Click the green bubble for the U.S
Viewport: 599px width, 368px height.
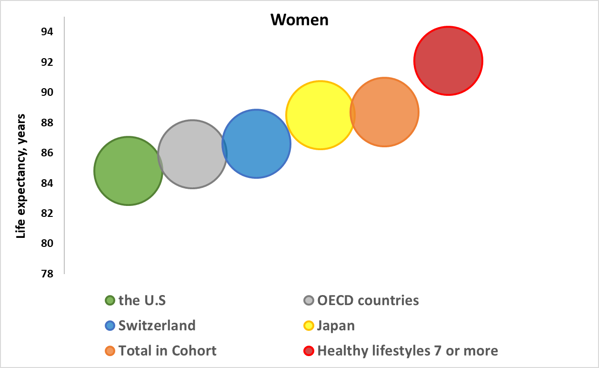point(128,171)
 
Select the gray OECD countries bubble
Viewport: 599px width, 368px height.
point(192,154)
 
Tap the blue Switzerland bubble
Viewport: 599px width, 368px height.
point(256,143)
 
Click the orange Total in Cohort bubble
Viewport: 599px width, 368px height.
point(384,112)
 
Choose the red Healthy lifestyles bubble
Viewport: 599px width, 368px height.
point(448,61)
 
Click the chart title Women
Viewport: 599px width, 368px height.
point(299,20)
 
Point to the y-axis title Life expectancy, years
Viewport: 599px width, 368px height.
point(21,176)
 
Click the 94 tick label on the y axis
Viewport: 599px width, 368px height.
point(47,32)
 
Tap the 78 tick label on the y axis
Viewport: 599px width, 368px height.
point(47,274)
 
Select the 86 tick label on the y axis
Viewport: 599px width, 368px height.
point(47,153)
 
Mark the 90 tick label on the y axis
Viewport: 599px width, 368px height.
point(47,92)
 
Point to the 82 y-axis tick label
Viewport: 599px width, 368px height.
point(47,214)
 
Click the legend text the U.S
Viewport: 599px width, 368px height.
point(142,300)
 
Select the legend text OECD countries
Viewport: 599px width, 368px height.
point(368,300)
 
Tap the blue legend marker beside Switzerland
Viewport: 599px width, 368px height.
point(110,326)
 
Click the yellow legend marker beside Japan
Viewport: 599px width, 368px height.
point(309,326)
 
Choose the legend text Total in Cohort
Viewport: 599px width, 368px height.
point(168,351)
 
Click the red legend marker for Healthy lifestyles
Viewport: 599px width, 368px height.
point(309,351)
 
